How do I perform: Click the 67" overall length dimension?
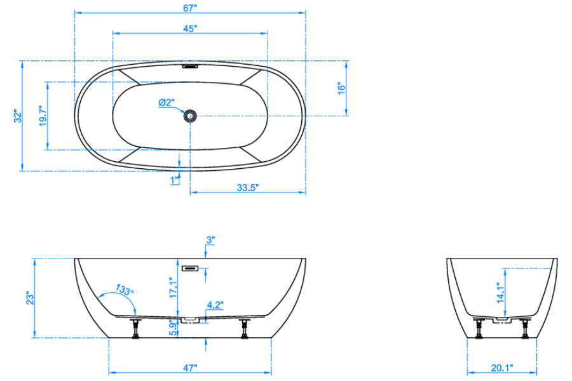(189, 8)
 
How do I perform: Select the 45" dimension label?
(190, 29)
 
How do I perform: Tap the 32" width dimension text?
(18, 116)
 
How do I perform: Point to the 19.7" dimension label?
(43, 116)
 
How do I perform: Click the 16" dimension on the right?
(341, 89)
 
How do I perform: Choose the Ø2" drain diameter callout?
(167, 103)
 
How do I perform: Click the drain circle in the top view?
(190, 116)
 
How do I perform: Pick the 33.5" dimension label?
(248, 187)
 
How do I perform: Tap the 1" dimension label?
(175, 180)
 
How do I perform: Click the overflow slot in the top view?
(190, 67)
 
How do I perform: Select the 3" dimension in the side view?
(210, 240)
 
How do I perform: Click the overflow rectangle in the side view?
(190, 269)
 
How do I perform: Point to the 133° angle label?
(125, 290)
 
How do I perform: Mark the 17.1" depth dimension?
(173, 288)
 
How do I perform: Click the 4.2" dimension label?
(215, 305)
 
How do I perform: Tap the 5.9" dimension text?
(174, 328)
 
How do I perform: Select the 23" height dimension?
(30, 298)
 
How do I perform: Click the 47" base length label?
(190, 368)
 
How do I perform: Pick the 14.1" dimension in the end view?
(500, 293)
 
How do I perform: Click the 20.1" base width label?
(502, 368)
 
